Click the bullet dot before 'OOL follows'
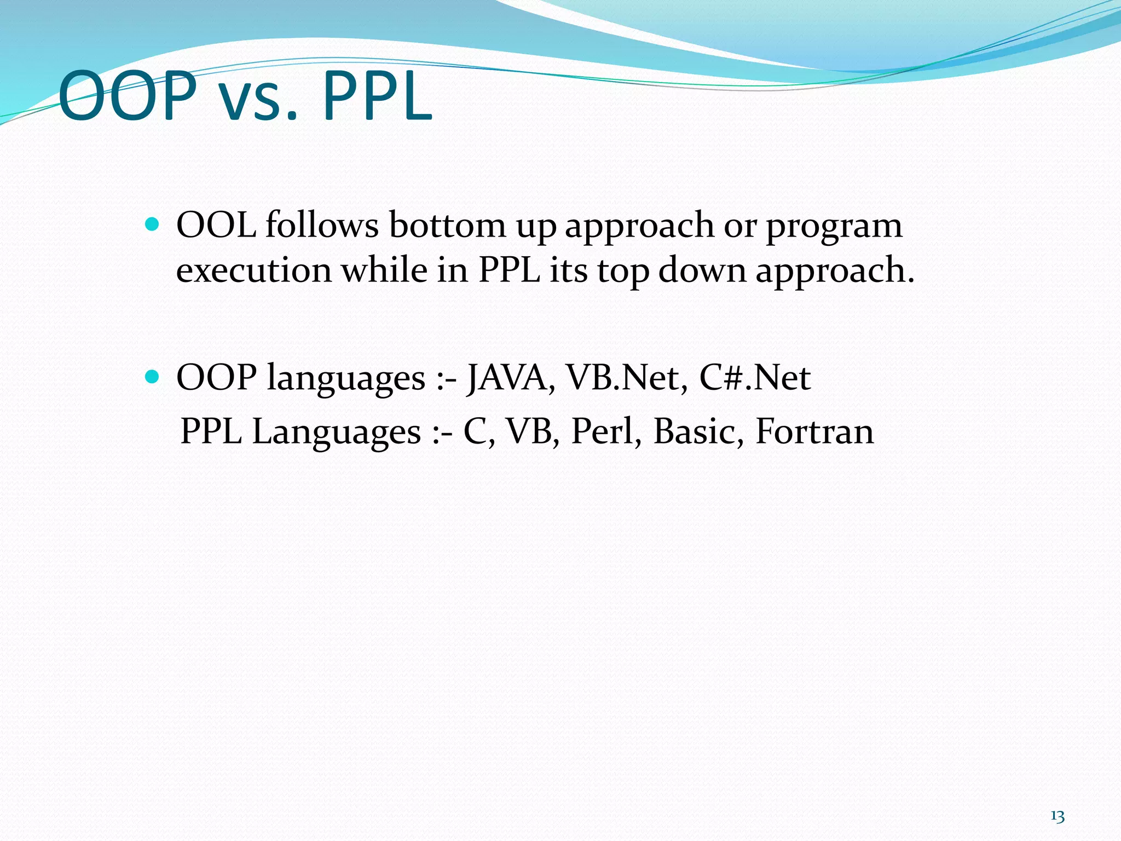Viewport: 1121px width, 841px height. [153, 224]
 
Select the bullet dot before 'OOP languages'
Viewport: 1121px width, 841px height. [153, 377]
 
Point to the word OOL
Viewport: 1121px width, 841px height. [216, 225]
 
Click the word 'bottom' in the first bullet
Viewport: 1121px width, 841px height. [447, 225]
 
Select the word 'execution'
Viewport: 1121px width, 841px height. [254, 270]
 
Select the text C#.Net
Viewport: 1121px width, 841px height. [755, 378]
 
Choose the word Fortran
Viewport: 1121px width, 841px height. [814, 431]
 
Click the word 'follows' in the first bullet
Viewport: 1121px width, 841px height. [322, 225]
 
